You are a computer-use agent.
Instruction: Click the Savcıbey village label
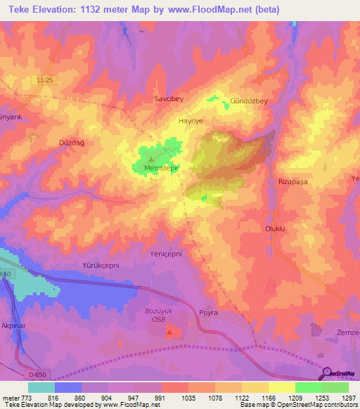click(168, 100)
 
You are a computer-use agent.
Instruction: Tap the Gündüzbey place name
click(250, 101)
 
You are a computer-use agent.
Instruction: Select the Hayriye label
click(191, 121)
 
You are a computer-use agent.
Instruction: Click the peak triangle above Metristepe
click(150, 160)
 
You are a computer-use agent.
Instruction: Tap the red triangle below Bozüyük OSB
click(168, 331)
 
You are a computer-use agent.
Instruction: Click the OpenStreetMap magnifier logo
click(327, 372)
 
